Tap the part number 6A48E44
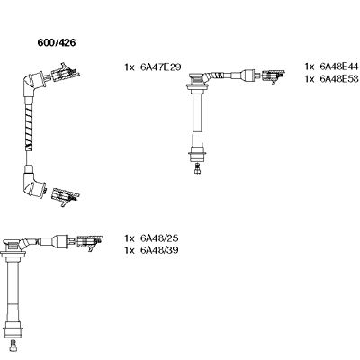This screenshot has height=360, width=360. pyautogui.click(x=338, y=67)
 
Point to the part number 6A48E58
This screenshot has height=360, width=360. pyautogui.click(x=338, y=78)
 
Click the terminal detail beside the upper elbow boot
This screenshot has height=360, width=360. pyautogui.click(x=66, y=73)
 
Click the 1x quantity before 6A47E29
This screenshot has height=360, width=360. pyautogui.click(x=128, y=67)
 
